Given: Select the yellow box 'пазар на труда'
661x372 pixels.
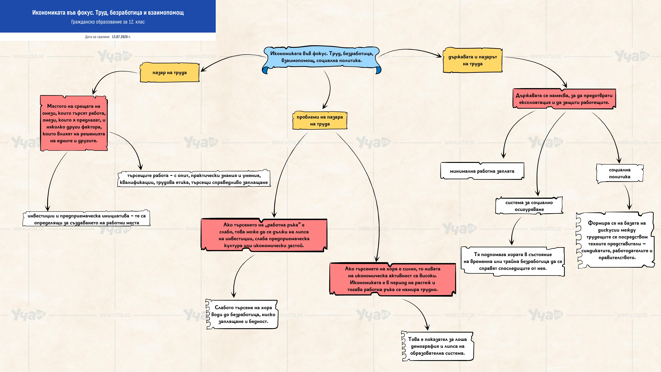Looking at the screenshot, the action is [x=170, y=72].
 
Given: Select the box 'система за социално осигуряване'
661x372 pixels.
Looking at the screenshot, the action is [x=529, y=206].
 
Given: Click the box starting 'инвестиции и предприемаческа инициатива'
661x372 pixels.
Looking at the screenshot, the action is [x=86, y=219].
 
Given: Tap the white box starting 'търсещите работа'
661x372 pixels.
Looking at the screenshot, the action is [x=194, y=179].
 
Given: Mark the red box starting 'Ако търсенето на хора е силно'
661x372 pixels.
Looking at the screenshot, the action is [x=393, y=279].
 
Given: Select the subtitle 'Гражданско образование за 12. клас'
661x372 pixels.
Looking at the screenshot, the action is [x=108, y=22].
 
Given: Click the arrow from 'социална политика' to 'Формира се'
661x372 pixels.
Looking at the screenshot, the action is [x=628, y=196].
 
